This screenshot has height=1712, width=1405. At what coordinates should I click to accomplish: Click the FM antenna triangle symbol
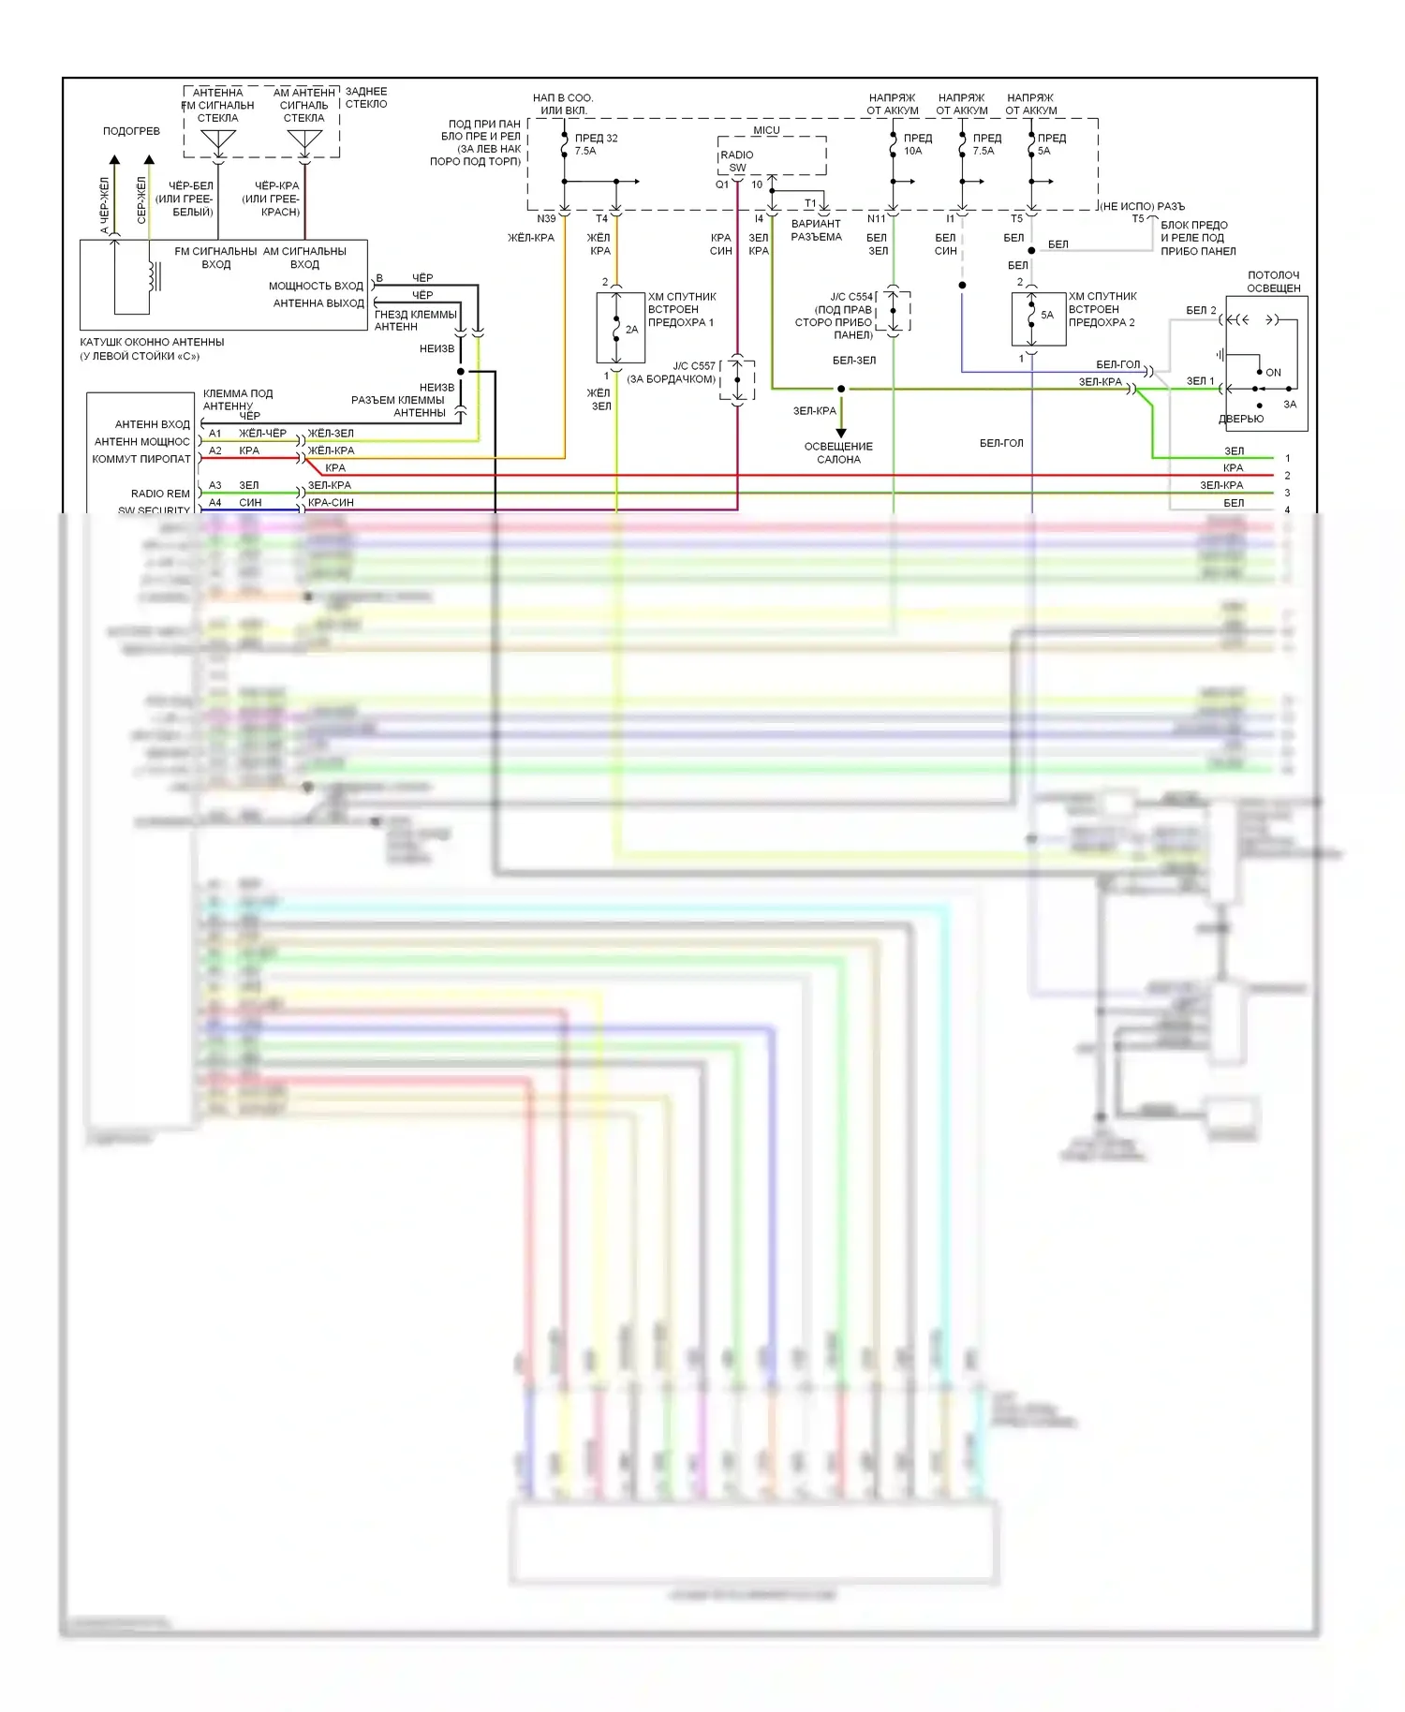(x=218, y=141)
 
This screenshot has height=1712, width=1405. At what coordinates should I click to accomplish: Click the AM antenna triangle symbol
(x=304, y=141)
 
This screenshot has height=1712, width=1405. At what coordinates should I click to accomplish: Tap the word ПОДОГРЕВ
(x=131, y=131)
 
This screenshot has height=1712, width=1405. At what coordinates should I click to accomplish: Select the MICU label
(x=766, y=130)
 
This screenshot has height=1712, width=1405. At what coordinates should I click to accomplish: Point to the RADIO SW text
(x=737, y=161)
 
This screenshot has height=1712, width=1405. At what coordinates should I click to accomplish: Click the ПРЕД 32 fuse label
(x=596, y=138)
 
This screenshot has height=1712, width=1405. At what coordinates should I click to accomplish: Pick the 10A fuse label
(x=912, y=151)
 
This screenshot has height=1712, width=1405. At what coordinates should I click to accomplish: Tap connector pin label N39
(x=546, y=219)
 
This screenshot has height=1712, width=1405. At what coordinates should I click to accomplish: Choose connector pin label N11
(x=876, y=219)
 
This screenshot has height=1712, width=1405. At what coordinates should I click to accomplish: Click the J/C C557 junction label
(x=694, y=366)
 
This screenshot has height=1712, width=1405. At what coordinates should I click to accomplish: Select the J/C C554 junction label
(x=851, y=297)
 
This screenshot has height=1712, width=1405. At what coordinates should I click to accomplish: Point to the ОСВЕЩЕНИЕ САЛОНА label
(x=838, y=453)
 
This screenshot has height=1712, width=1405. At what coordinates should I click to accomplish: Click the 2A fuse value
(x=631, y=330)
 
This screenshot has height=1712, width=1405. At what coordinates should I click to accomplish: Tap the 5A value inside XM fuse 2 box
(x=1047, y=316)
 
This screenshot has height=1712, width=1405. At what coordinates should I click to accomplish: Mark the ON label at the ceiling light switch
(x=1273, y=373)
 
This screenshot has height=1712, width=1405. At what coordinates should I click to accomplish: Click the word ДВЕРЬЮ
(x=1241, y=419)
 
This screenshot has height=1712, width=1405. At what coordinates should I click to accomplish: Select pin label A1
(x=215, y=434)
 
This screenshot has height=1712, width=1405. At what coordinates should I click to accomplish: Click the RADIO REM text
(x=160, y=494)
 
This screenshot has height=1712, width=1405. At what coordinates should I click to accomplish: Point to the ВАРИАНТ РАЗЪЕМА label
(x=816, y=230)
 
